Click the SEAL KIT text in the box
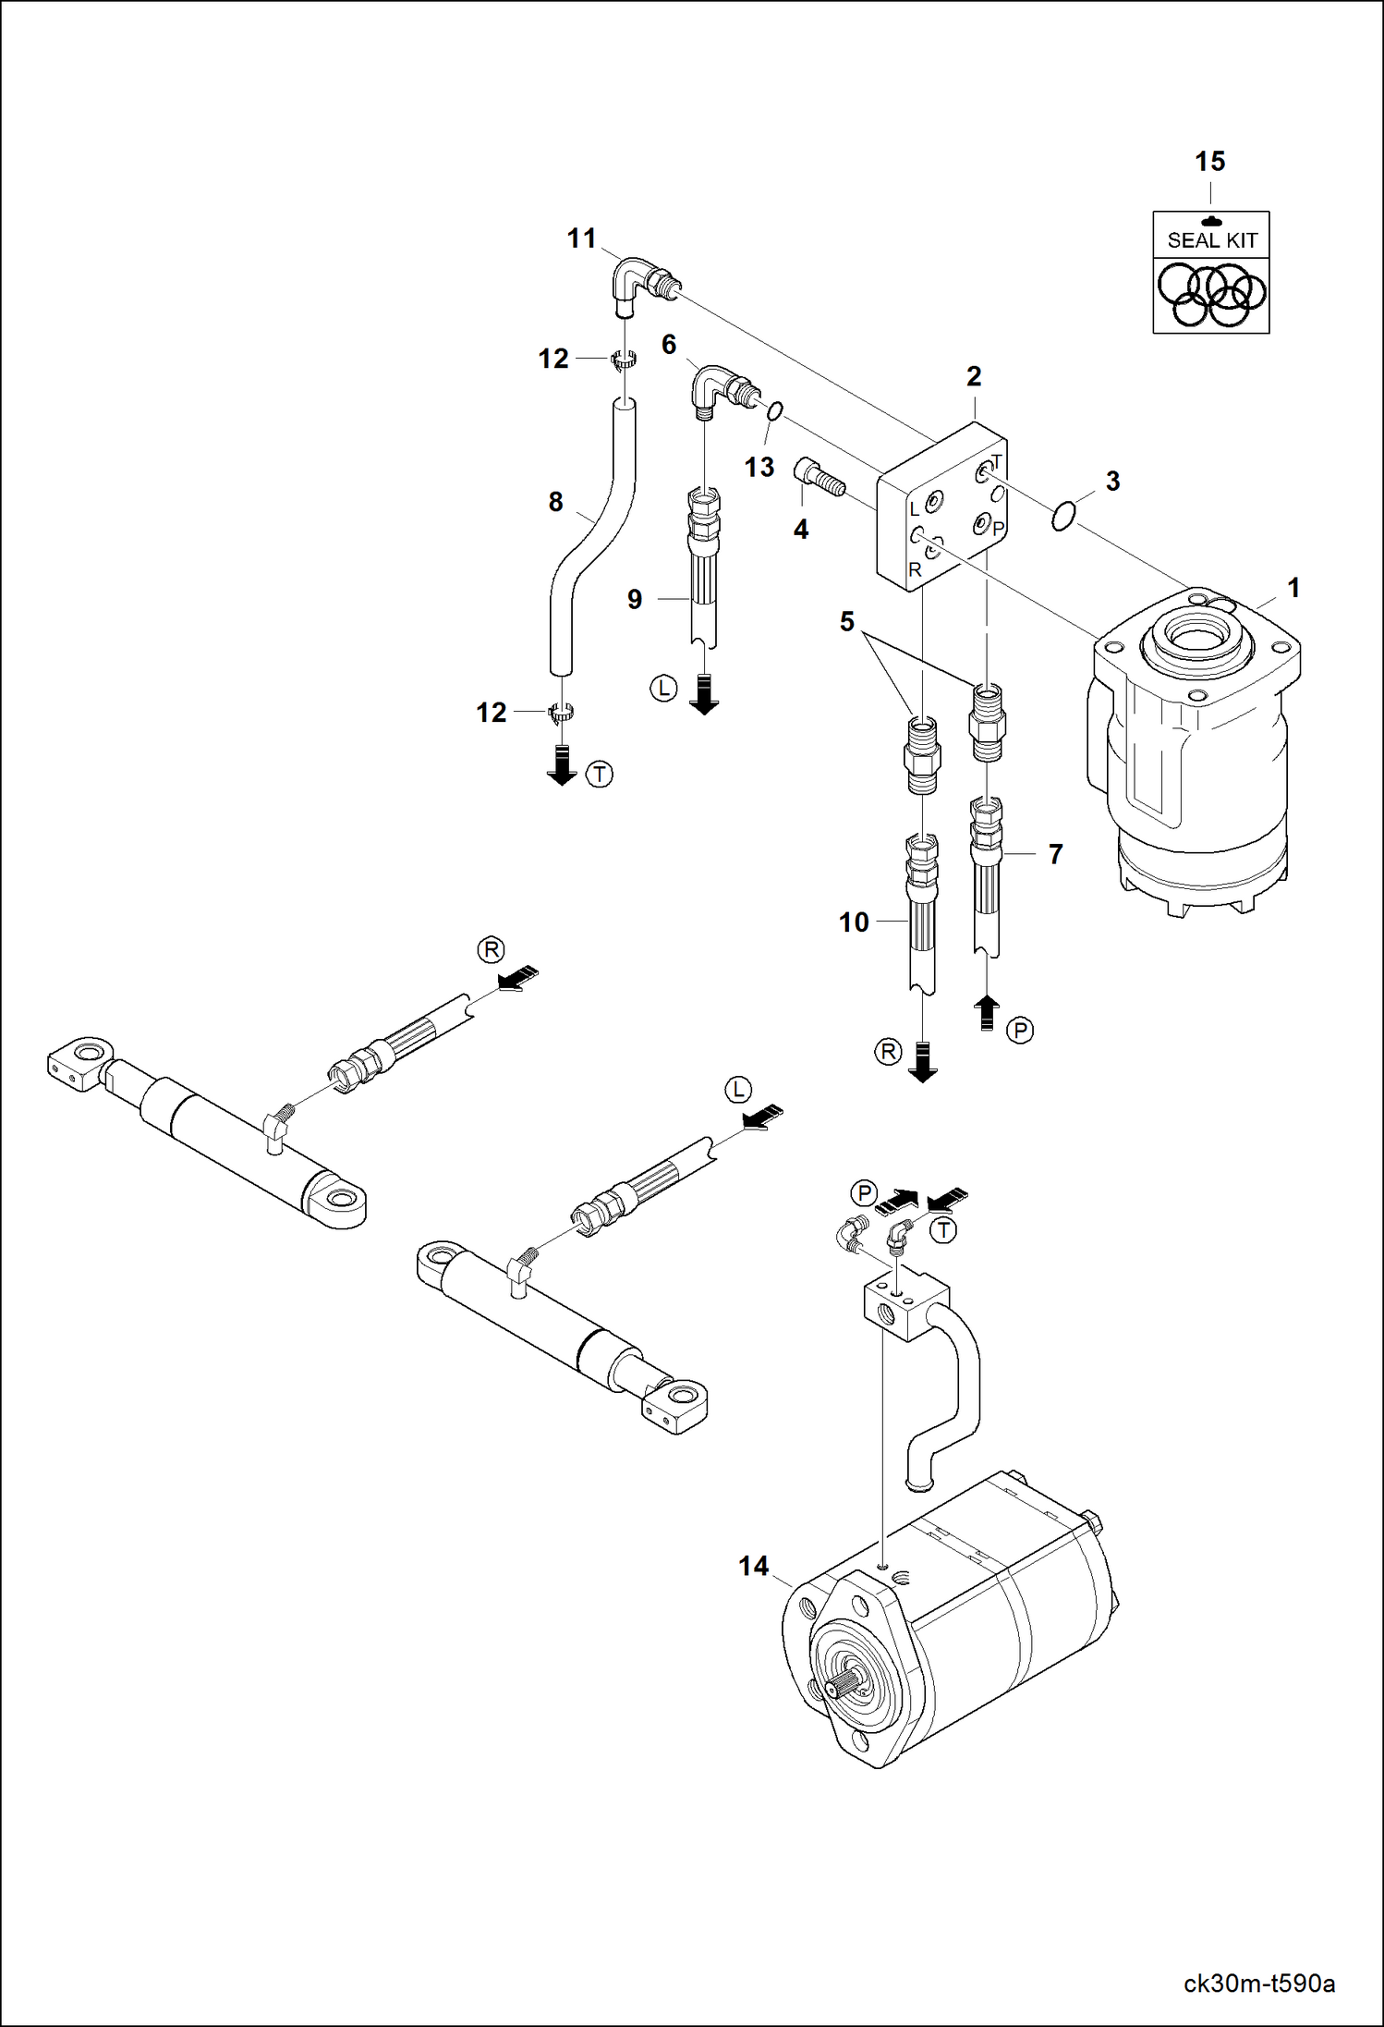1211,240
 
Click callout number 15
1209,162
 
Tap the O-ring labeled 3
1063,516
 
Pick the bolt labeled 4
819,479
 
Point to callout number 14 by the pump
753,1566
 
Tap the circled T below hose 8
600,774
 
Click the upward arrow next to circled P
987,1012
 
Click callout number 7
1055,854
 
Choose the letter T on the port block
997,461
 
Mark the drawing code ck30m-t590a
1258,1984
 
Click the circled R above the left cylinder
491,949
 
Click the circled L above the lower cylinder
737,1090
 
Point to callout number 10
854,922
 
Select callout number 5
846,622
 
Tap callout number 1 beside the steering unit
1293,588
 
